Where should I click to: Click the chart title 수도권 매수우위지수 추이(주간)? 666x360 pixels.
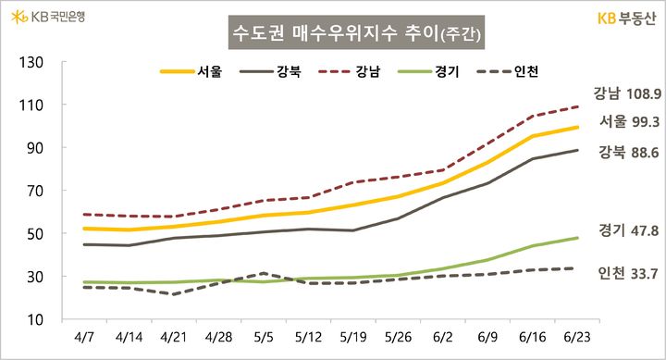(x=356, y=36)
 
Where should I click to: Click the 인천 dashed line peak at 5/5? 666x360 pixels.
(x=265, y=273)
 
